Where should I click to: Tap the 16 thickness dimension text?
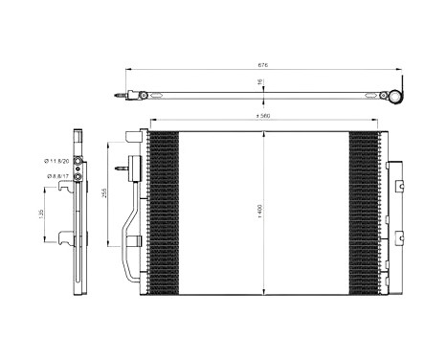tap(259, 83)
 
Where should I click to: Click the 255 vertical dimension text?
tap(104, 192)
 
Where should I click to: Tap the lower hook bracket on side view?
tap(66, 239)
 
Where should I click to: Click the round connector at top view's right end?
tap(392, 95)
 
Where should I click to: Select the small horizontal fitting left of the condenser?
tap(124, 171)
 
